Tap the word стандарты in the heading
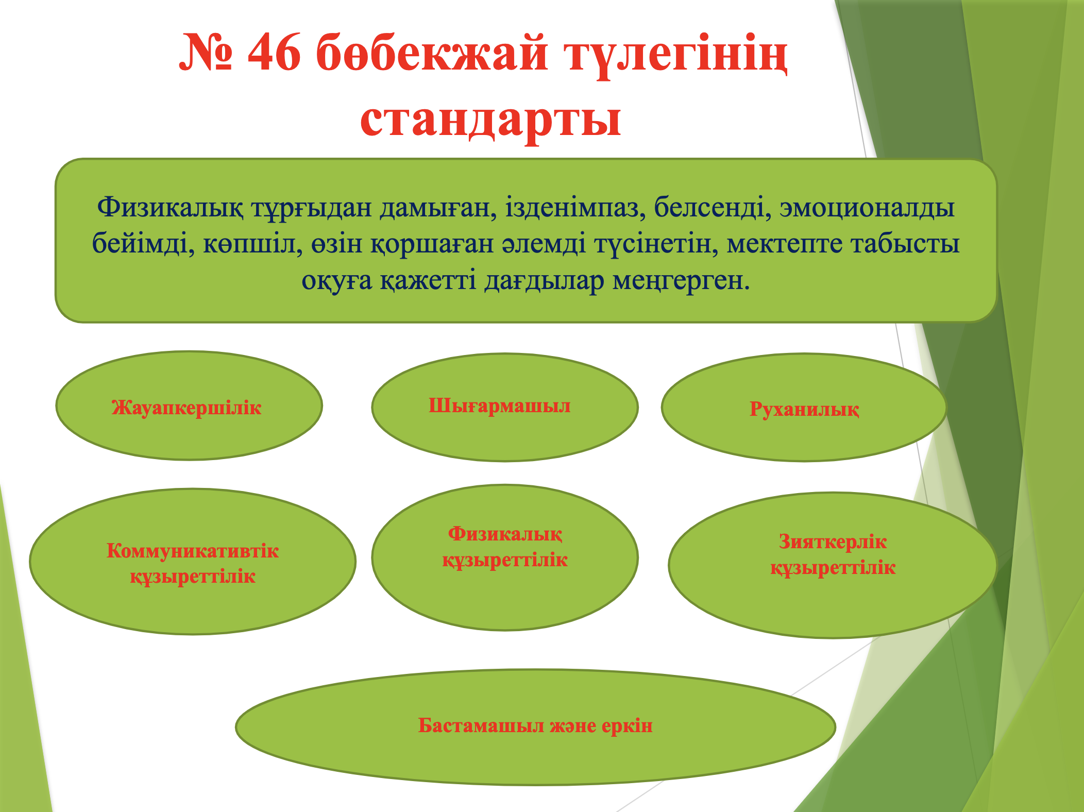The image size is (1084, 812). [x=490, y=119]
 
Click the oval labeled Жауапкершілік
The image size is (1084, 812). [x=189, y=406]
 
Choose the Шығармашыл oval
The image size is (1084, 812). [x=505, y=407]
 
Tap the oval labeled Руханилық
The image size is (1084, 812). [x=804, y=407]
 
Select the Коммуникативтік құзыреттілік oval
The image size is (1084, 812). [x=193, y=562]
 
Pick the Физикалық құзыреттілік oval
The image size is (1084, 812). [x=505, y=557]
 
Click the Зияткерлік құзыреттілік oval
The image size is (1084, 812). [x=833, y=565]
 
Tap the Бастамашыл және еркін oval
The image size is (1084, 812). [x=535, y=727]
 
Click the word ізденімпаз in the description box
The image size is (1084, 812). [x=575, y=208]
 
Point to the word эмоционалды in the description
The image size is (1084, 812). [x=867, y=208]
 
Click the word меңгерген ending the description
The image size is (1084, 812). [x=681, y=281]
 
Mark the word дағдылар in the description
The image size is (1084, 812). [x=544, y=281]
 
